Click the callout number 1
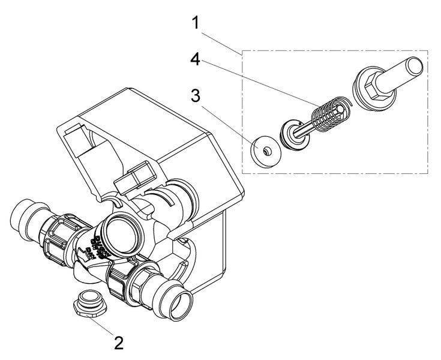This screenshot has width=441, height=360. pyautogui.click(x=194, y=24)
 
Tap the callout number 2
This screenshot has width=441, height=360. pyautogui.click(x=119, y=343)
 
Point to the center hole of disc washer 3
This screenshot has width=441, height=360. pyautogui.click(x=263, y=147)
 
